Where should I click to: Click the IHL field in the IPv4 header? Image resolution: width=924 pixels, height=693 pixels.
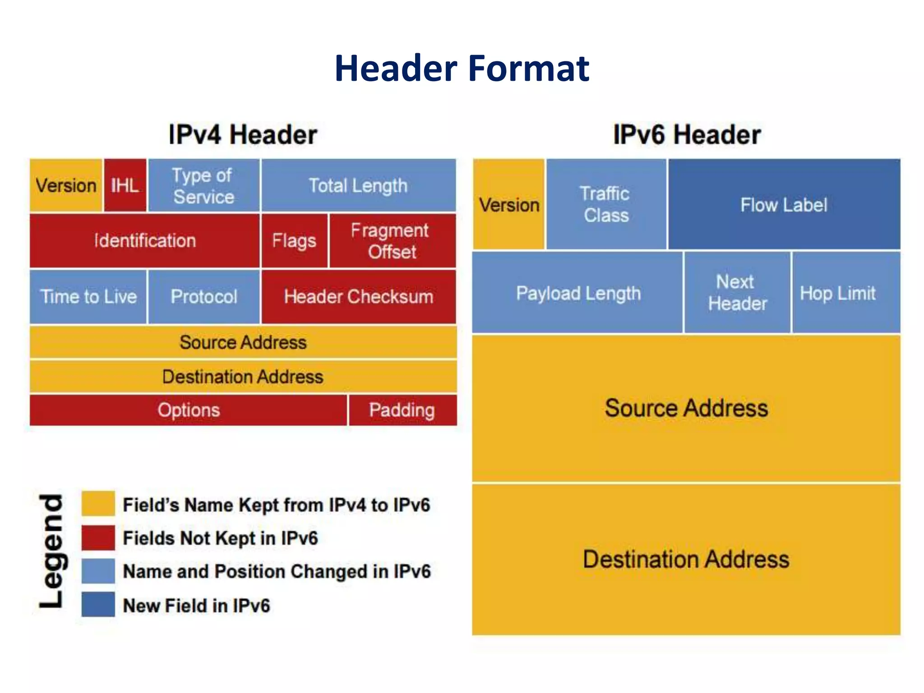(x=125, y=185)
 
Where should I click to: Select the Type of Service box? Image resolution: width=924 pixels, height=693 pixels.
(x=203, y=185)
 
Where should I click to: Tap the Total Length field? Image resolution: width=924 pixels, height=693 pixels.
(x=358, y=185)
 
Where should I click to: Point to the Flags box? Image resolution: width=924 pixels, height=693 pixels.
(x=294, y=241)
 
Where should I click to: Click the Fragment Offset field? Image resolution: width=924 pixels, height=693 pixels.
(x=392, y=241)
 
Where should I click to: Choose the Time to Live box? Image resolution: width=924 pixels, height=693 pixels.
(x=88, y=296)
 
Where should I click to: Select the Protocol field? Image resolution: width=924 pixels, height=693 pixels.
(x=203, y=296)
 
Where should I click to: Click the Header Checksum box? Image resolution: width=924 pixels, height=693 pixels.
(x=358, y=296)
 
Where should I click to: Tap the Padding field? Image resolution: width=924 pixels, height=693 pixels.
(x=402, y=410)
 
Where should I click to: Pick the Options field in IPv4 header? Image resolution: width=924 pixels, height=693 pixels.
(x=189, y=410)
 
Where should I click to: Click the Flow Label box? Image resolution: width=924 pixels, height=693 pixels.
(x=784, y=204)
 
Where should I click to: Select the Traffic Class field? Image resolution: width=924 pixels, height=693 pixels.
(x=606, y=204)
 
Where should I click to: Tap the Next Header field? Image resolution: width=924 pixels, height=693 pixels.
(x=737, y=293)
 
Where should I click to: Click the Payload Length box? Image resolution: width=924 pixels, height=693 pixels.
(x=578, y=293)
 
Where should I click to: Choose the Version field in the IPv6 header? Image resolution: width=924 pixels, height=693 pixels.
(x=509, y=204)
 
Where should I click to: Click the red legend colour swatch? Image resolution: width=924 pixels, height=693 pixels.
(x=98, y=537)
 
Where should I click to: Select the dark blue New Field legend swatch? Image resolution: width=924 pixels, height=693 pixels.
(x=98, y=604)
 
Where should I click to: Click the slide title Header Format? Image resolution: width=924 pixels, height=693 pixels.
(x=462, y=68)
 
